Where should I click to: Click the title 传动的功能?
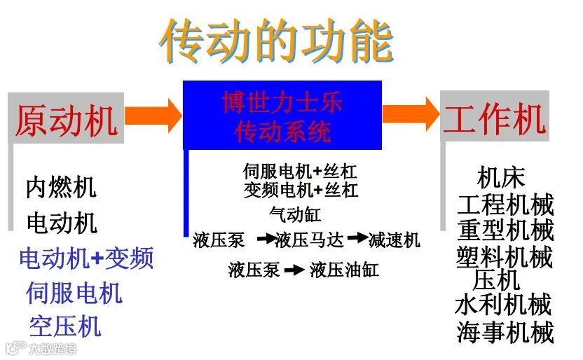tap(276, 40)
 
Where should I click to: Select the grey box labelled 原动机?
tap(66, 120)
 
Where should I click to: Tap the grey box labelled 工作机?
tap(494, 118)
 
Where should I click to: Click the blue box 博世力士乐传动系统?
tap(282, 116)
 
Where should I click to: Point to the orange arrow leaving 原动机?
tap(153, 115)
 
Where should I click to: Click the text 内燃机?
tap(61, 187)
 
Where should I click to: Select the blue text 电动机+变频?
tap(86, 258)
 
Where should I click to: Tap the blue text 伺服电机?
tap(74, 292)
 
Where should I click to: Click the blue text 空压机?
tap(65, 326)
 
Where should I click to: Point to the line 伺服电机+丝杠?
tap(301, 172)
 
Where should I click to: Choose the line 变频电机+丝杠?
tap(301, 190)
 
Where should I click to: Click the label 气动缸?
tap(295, 214)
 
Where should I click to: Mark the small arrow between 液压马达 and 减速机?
tap(358, 239)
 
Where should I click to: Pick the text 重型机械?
tap(505, 230)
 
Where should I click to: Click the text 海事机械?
tap(505, 332)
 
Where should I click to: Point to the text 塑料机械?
tap(505, 256)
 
